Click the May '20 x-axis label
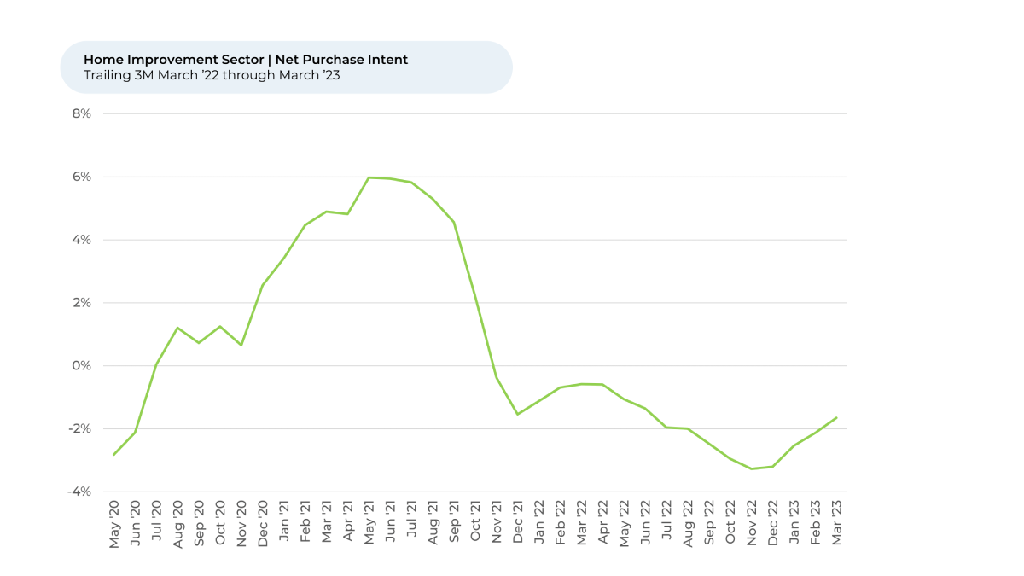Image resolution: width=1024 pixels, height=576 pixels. [x=114, y=524]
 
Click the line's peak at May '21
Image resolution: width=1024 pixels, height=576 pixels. [x=369, y=177]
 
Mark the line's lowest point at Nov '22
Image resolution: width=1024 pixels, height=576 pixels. [x=751, y=468]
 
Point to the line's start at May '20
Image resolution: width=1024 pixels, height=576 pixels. [x=113, y=455]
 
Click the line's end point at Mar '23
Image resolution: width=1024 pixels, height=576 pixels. [x=836, y=417]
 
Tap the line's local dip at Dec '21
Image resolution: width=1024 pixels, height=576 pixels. [x=517, y=414]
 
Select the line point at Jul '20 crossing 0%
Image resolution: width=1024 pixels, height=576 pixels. [x=156, y=364]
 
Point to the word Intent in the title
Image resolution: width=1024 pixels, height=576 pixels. [x=389, y=60]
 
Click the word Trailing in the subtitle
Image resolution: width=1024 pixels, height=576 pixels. [x=106, y=75]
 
